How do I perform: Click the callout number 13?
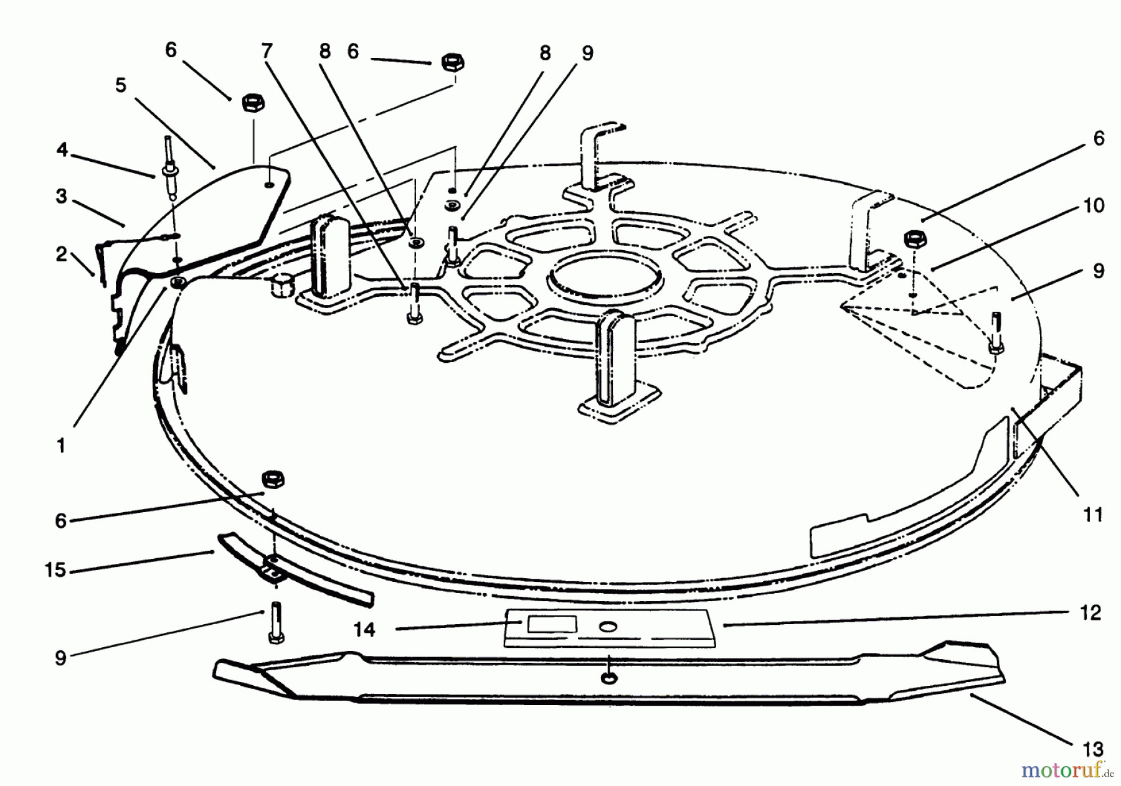[1093, 749]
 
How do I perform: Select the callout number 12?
[1090, 613]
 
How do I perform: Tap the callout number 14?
[364, 630]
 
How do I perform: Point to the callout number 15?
[55, 569]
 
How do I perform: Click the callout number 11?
[1093, 515]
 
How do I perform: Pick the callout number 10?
[1094, 205]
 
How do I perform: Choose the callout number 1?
[60, 446]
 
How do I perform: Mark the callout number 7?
[267, 50]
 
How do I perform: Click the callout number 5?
[120, 85]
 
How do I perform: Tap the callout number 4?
[62, 150]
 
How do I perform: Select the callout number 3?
[61, 197]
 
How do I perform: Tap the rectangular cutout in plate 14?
[551, 624]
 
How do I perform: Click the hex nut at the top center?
[453, 63]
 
